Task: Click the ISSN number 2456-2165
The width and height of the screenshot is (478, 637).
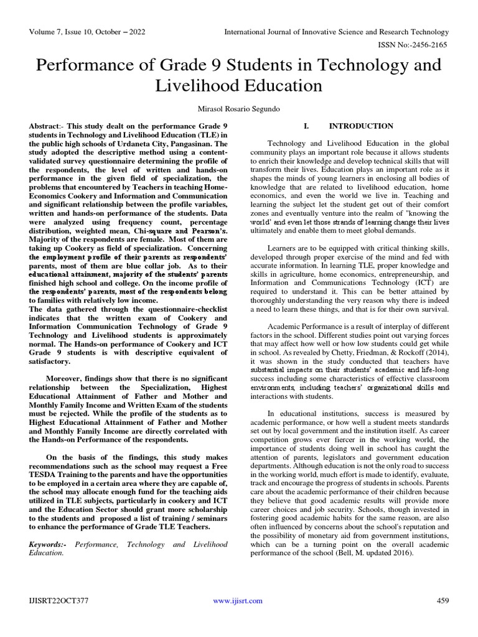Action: (429, 45)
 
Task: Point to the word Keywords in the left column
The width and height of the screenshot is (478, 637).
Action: (49, 544)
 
